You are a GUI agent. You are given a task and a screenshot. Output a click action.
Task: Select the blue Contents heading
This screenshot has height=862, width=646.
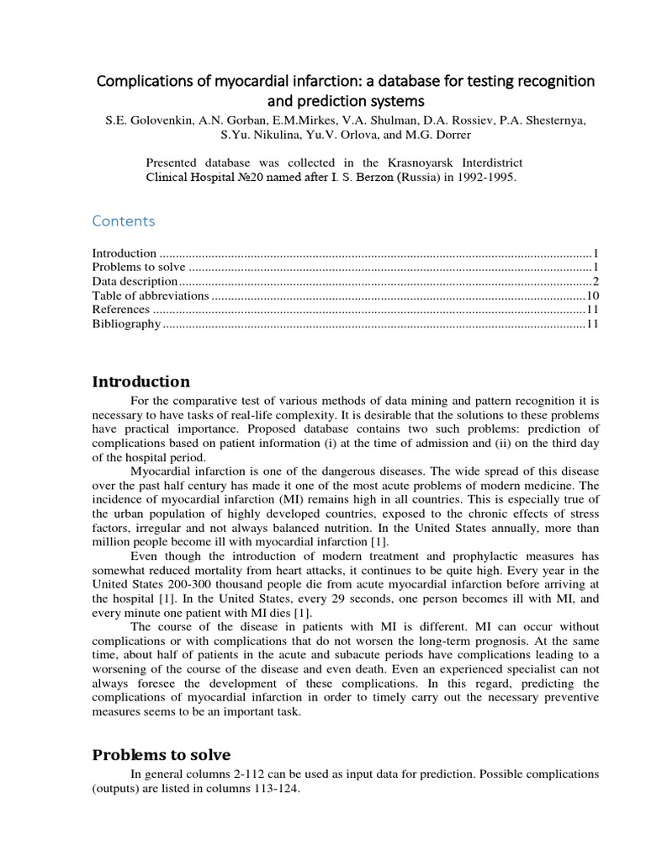(x=124, y=221)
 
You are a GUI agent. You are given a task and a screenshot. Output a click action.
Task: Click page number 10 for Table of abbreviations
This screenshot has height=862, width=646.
(x=591, y=295)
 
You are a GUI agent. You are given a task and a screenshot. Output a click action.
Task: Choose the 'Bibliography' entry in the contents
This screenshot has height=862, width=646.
(x=125, y=324)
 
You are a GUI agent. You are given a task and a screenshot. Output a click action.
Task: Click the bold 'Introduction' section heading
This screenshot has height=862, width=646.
(x=140, y=382)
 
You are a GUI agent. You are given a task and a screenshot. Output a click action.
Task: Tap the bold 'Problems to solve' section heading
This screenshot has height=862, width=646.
(x=161, y=754)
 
